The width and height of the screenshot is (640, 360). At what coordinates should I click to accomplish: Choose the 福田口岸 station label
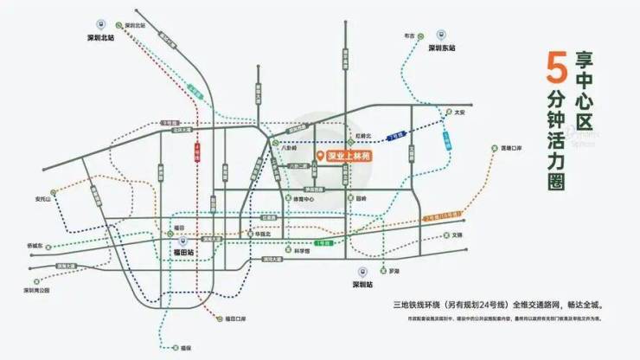[236, 319]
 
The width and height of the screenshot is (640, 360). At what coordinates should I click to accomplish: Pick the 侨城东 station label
[41, 246]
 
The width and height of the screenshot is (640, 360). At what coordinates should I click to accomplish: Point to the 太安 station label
[459, 112]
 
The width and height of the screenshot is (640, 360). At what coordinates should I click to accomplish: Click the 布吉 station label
[410, 37]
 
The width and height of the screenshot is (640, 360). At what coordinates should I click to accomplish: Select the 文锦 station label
[458, 235]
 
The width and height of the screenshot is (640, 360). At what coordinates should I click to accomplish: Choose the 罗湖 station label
[394, 271]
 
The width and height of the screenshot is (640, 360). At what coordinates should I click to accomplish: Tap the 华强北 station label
[261, 234]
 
